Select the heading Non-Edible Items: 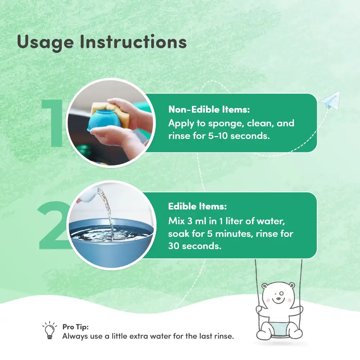coord(209,109)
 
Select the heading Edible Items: coord(197,206)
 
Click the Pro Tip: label coord(76,327)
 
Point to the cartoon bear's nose coord(278,298)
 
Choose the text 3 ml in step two coord(197,221)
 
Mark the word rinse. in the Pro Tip coord(224,336)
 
